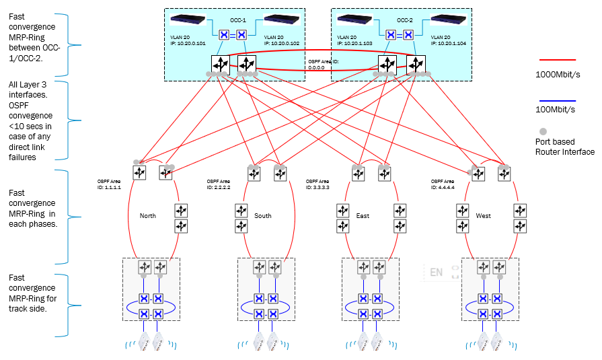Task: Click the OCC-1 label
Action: (240, 20)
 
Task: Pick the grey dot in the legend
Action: (543, 129)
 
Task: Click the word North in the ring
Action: (147, 216)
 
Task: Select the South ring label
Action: (263, 216)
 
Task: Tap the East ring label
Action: (363, 216)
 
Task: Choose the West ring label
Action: (483, 216)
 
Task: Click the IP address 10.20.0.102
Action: (282, 43)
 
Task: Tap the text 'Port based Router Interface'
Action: (564, 147)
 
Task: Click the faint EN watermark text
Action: (437, 273)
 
